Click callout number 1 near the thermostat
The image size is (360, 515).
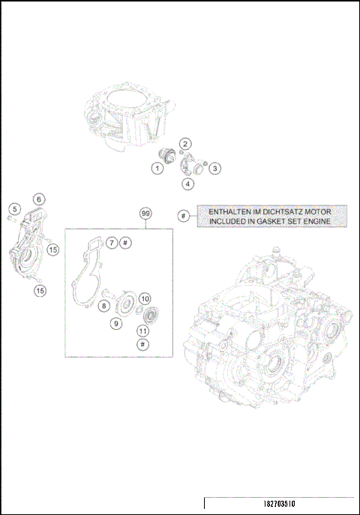(157, 169)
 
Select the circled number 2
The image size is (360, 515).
(184, 143)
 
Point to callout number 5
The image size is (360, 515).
(14, 208)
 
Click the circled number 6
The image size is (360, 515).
(38, 199)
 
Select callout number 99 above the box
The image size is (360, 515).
(145, 214)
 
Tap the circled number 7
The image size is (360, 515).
(110, 243)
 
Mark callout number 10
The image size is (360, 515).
(145, 299)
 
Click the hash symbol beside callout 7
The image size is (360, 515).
(126, 243)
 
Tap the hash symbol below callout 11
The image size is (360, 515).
(142, 343)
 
